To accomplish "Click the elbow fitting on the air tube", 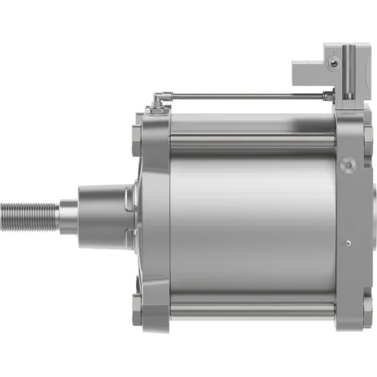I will tap(157, 99).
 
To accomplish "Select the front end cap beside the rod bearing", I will tap(154, 223).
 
